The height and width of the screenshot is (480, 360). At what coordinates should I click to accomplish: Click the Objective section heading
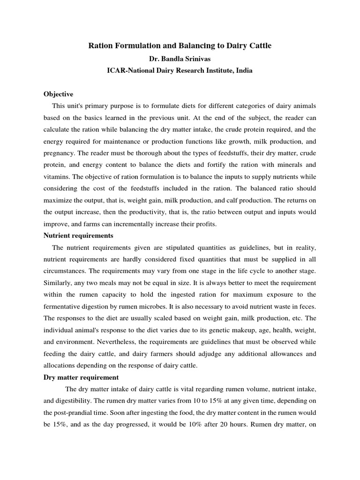click(59, 94)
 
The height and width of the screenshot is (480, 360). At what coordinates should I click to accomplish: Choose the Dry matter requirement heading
click(81, 377)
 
